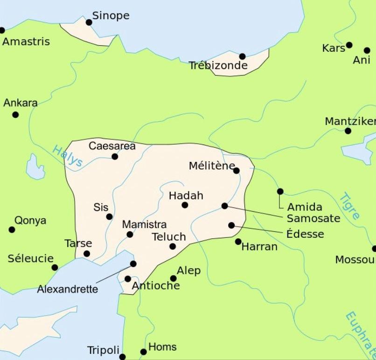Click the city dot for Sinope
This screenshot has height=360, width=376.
89,22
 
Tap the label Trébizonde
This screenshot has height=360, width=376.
218,66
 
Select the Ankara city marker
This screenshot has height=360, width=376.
15,115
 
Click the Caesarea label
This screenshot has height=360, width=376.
112,146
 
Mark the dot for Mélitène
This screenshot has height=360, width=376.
237,171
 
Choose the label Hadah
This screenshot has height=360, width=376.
186,195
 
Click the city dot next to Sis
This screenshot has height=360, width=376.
109,216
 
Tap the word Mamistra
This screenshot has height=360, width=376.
144,225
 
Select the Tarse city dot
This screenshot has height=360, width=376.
87,254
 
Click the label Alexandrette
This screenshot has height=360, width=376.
68,289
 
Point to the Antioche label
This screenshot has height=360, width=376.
156,285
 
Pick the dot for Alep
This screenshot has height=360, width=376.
173,278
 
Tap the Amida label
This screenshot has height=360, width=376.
305,207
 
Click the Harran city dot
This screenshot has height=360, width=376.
238,242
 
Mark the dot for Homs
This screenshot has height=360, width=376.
144,352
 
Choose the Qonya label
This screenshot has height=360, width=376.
30,220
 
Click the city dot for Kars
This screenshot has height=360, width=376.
349,45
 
